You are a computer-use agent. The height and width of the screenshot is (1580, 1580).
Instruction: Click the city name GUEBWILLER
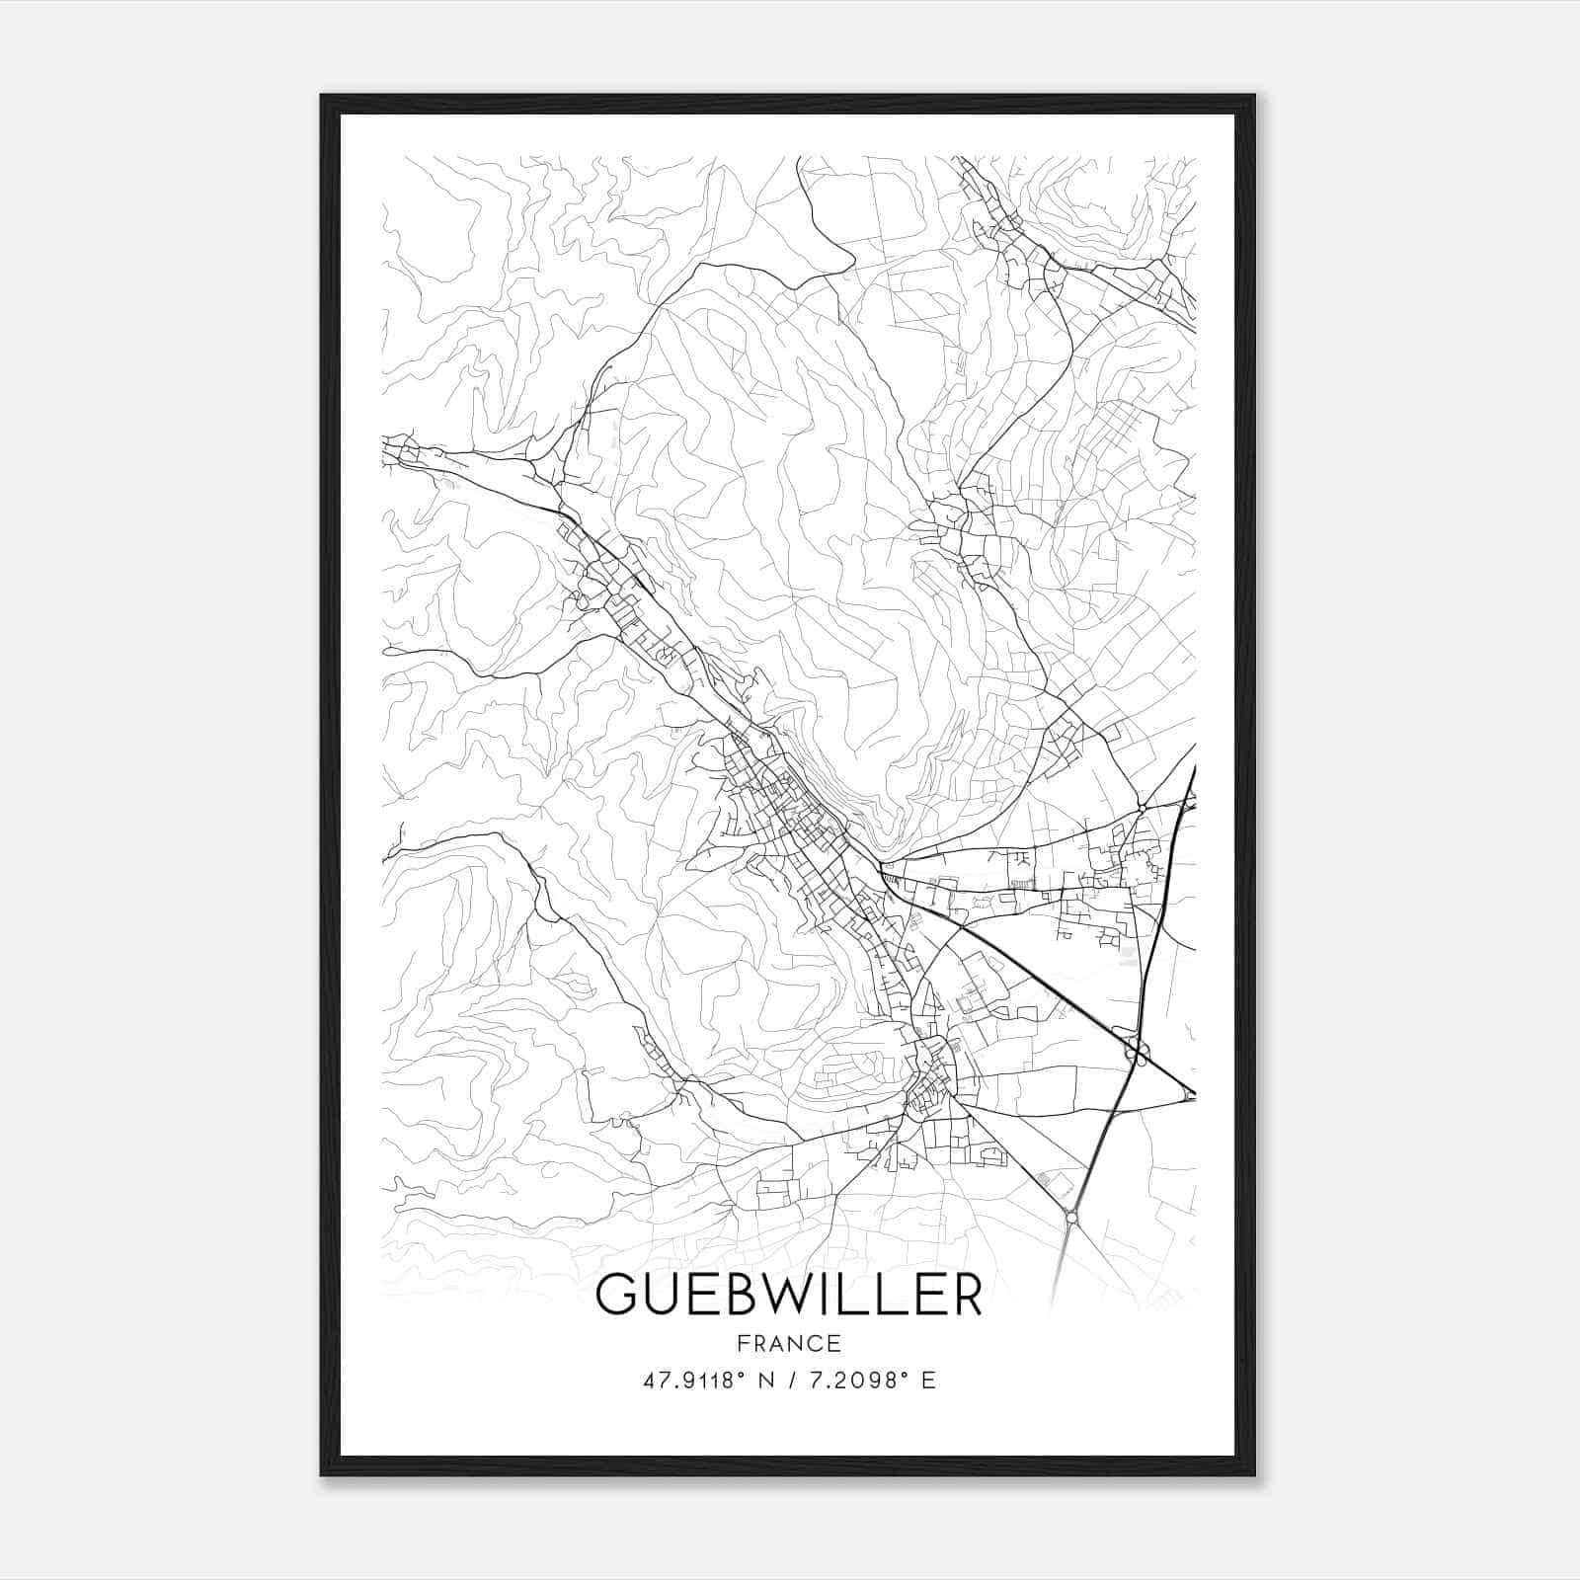tap(789, 1296)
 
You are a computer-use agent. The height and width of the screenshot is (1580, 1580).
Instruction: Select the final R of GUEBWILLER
tap(965, 1296)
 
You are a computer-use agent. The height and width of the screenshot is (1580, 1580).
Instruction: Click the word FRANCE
tap(789, 1343)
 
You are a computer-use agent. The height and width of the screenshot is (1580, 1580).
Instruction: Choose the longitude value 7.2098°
tap(855, 1381)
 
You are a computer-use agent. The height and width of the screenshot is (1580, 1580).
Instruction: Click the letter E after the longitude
tap(928, 1381)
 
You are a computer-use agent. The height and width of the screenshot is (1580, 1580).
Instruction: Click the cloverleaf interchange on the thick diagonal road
tap(1137, 1047)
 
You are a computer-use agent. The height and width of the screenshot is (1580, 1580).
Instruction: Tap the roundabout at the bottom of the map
tap(1072, 1219)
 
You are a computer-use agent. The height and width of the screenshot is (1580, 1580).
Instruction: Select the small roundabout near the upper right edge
tap(1142, 808)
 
